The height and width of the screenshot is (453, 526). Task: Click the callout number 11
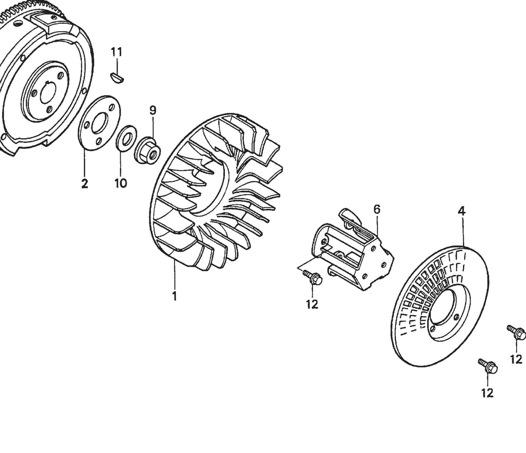click(x=116, y=52)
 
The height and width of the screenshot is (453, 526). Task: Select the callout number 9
click(x=153, y=110)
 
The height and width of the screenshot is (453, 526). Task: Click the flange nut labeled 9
click(x=148, y=150)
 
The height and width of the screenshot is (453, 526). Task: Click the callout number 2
click(x=84, y=184)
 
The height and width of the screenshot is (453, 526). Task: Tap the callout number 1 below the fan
click(x=174, y=296)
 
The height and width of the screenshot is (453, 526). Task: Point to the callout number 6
click(x=377, y=209)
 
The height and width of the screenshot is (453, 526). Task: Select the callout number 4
click(x=461, y=211)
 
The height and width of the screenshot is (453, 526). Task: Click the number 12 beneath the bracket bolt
click(x=312, y=304)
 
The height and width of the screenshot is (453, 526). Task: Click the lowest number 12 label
click(x=487, y=393)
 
